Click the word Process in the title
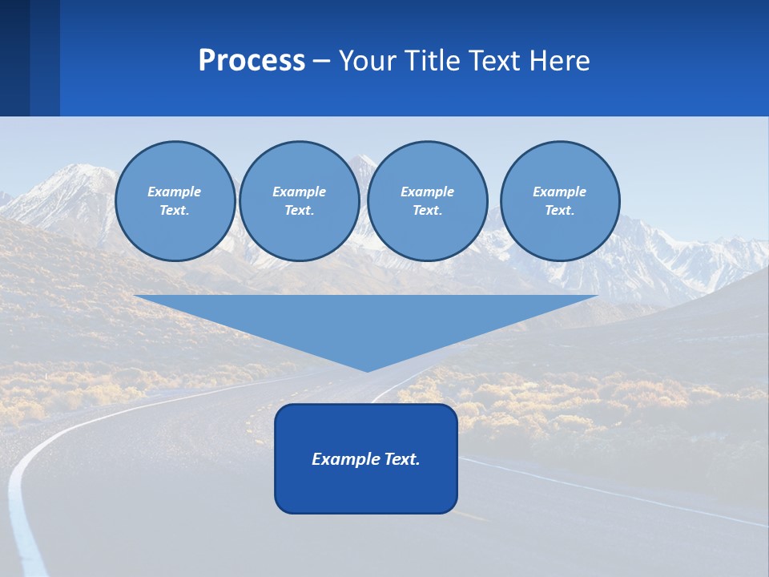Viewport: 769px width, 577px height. point(252,61)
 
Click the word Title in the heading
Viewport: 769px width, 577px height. point(430,61)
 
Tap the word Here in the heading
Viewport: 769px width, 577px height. point(561,61)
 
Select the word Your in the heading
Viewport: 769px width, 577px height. point(367,61)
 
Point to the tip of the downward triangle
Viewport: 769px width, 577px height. point(367,370)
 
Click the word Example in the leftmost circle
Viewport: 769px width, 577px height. point(175,192)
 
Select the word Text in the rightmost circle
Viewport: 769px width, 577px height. point(559,210)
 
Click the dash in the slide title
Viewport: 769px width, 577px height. point(321,61)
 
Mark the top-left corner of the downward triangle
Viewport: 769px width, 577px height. point(135,297)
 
